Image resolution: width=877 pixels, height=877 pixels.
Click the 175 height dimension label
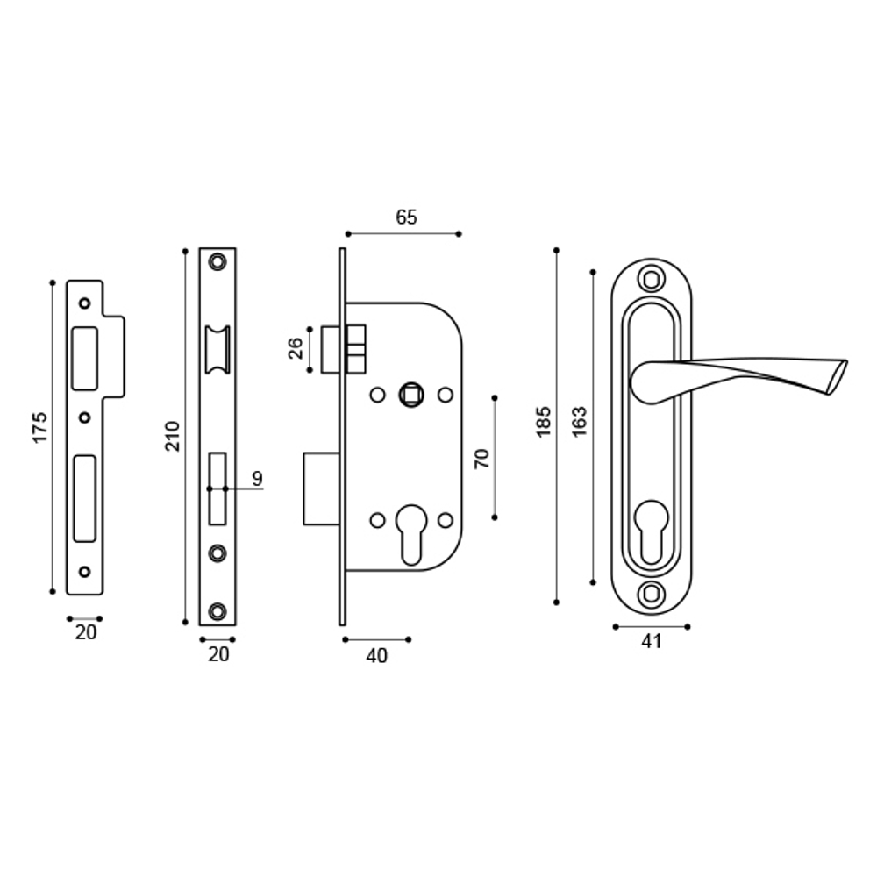tap(40, 426)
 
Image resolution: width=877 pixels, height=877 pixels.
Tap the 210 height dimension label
tap(173, 436)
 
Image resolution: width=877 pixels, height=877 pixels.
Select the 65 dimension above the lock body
tap(406, 217)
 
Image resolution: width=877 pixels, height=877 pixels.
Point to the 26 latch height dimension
tap(296, 348)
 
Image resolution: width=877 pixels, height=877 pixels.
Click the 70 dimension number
tap(481, 458)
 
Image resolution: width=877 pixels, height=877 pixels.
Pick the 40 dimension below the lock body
tap(376, 656)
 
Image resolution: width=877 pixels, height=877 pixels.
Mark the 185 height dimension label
tap(544, 422)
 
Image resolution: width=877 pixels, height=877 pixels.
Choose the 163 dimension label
tap(579, 422)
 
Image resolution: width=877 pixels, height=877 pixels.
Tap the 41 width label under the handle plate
tap(650, 642)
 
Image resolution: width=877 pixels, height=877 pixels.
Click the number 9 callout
tap(257, 478)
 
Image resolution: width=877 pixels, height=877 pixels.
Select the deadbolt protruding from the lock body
tap(321, 488)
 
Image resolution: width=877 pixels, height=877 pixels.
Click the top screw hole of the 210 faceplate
tap(217, 261)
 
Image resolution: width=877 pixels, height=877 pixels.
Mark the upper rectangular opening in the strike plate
tap(85, 357)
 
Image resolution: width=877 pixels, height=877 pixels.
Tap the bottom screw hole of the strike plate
tap(84, 572)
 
